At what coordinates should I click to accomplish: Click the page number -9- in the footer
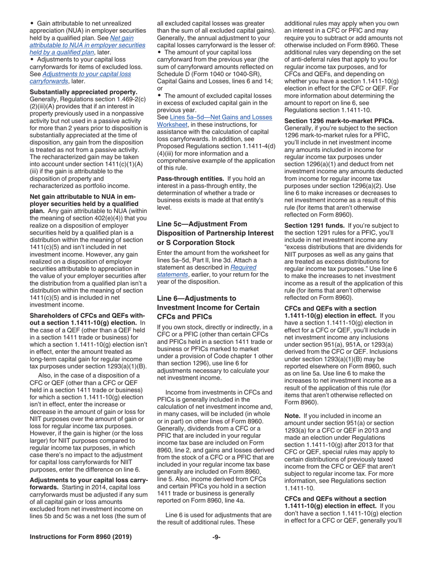tap(216, 537)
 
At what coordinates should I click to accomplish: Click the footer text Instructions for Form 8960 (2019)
tap(81, 537)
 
